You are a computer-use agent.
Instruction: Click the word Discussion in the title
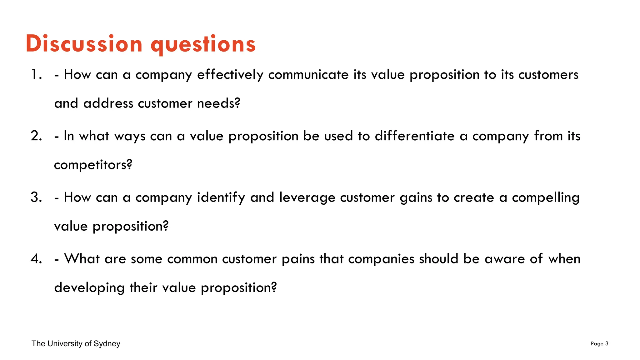(x=84, y=43)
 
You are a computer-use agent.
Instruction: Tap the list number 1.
(x=36, y=75)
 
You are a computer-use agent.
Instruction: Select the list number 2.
(x=36, y=136)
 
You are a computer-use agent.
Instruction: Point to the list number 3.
(x=36, y=197)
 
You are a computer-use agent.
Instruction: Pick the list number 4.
(x=36, y=259)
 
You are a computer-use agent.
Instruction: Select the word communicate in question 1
(x=308, y=75)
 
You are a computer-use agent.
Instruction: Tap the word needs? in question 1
(x=219, y=103)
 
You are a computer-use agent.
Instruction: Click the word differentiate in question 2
(x=415, y=136)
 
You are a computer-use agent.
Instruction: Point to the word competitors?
(x=93, y=165)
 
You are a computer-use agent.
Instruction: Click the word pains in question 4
(x=298, y=259)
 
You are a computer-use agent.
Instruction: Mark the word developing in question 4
(x=89, y=288)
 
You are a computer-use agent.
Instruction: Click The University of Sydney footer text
(x=76, y=344)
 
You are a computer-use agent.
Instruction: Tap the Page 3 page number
(x=599, y=344)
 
